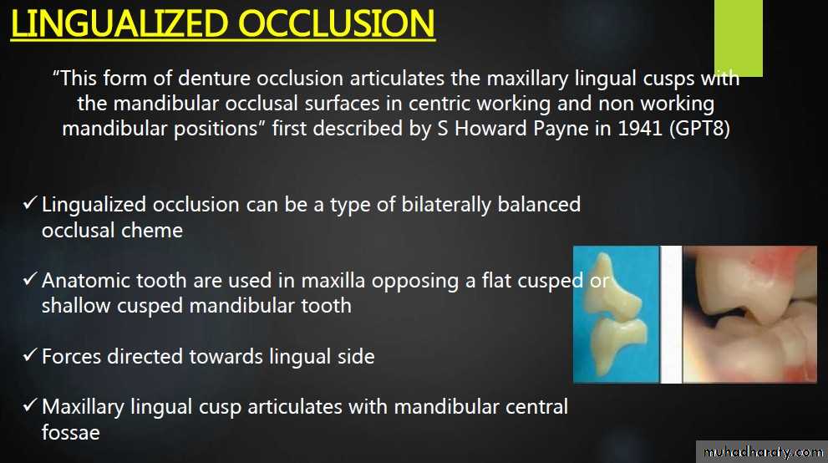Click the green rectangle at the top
tap(739, 38)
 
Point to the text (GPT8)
tap(699, 129)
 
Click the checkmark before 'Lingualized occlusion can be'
tap(30, 203)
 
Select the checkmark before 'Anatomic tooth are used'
tap(30, 279)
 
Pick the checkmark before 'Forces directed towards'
tap(30, 355)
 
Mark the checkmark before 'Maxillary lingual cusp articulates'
tap(30, 405)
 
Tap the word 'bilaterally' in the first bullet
tap(446, 205)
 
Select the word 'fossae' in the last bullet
tap(71, 432)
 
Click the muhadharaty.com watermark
tap(764, 452)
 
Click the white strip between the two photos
tap(671, 314)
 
